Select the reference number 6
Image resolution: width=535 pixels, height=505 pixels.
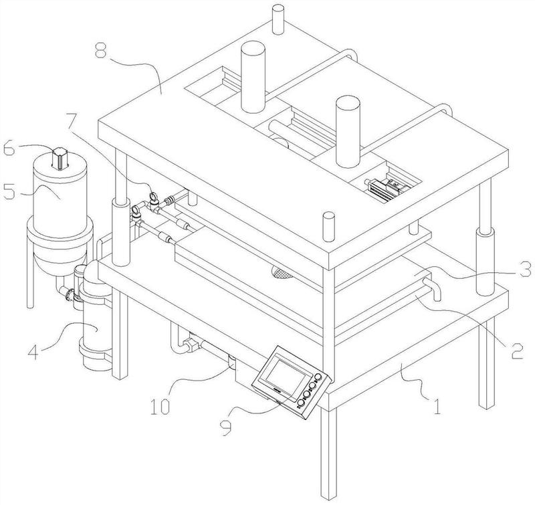point(9,149)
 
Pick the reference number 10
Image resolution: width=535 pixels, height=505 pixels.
point(160,407)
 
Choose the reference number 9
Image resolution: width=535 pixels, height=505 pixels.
point(225,427)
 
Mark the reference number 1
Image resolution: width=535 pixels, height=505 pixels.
point(437,407)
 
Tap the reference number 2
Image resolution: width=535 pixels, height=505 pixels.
point(516,350)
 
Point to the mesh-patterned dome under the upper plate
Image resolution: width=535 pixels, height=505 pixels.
point(283,273)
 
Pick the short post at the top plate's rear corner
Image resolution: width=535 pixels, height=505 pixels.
point(278,19)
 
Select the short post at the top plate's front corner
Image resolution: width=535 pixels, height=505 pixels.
point(329,227)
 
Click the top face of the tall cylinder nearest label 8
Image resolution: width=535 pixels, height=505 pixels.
point(253,47)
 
